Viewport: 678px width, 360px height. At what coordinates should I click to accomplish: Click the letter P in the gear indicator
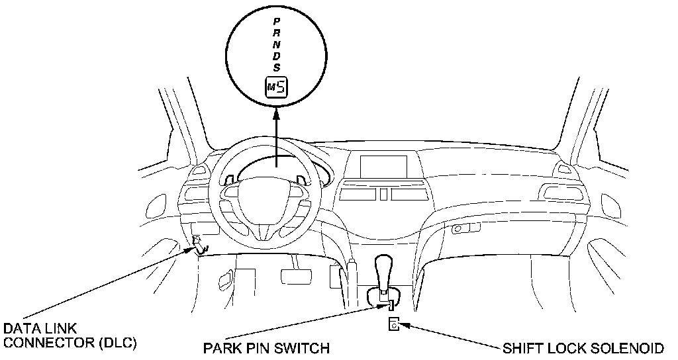(x=277, y=22)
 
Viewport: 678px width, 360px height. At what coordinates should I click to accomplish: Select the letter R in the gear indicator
(x=277, y=34)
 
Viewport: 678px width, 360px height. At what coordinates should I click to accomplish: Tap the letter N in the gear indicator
(x=277, y=45)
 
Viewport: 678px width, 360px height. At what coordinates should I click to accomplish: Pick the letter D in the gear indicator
(x=277, y=56)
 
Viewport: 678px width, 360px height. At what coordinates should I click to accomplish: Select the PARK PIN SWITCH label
(x=266, y=348)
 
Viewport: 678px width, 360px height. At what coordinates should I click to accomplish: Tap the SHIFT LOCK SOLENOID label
(x=583, y=348)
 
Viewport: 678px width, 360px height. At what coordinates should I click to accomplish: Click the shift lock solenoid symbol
(x=393, y=324)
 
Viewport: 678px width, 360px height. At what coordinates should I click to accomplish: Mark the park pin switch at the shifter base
(x=391, y=304)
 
